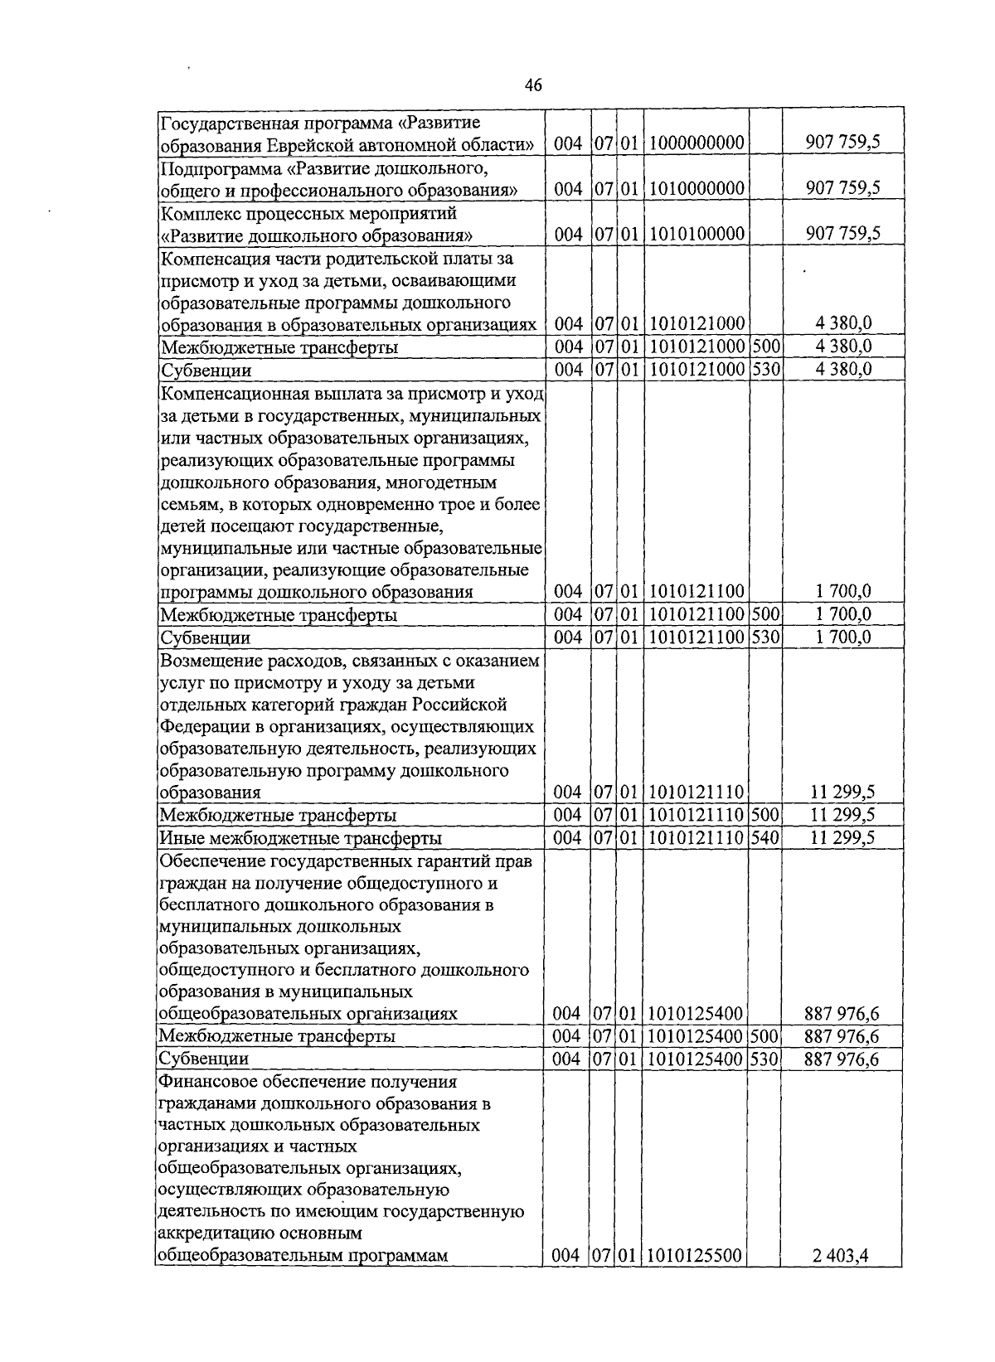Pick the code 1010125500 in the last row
coord(695,1278)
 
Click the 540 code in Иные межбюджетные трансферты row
coord(765,838)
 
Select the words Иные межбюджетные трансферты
coord(300,839)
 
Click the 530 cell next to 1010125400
coord(765,1059)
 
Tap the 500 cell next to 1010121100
coord(765,615)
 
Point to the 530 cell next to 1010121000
coord(765,370)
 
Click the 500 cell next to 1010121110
coord(765,816)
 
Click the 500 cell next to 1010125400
coord(765,1037)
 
